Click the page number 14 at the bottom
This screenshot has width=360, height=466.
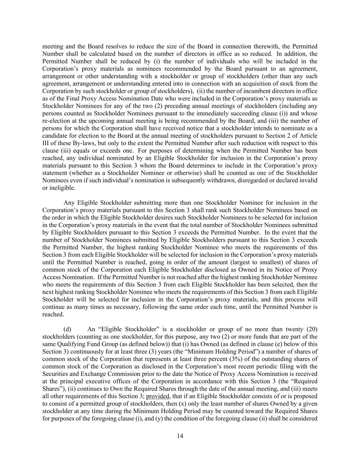(180, 436)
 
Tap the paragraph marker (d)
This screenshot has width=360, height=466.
(67, 329)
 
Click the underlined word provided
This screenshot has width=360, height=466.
(156, 396)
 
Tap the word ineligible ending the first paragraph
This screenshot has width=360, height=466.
(58, 188)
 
